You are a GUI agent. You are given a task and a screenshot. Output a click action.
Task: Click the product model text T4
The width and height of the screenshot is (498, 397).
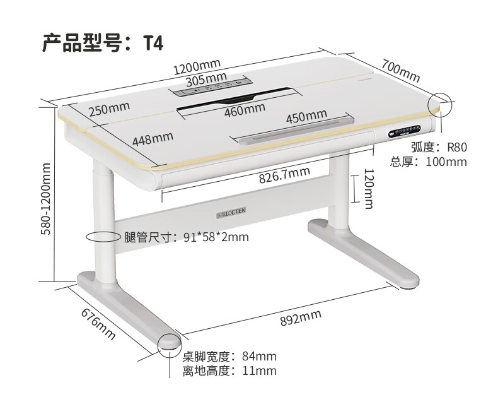[153, 43]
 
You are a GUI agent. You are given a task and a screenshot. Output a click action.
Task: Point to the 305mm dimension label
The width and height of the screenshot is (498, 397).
[207, 79]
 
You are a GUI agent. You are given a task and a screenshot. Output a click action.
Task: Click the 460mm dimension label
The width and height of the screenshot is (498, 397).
[245, 108]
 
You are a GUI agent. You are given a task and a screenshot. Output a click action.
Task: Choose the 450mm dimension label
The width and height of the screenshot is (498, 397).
[306, 117]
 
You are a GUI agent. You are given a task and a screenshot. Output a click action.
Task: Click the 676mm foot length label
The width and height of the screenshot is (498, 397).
[98, 324]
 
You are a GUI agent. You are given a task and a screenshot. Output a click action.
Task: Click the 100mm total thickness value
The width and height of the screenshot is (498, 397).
[446, 162]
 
